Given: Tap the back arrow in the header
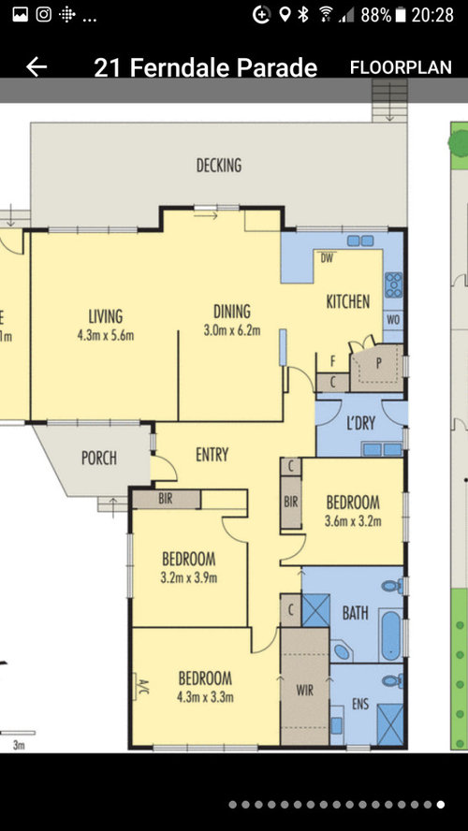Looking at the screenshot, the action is [x=37, y=67].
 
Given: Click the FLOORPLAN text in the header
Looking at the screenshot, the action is [x=401, y=67].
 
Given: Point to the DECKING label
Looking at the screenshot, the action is [x=219, y=166].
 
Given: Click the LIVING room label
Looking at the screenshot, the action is [x=106, y=316].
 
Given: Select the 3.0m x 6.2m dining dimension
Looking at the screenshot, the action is [x=232, y=330].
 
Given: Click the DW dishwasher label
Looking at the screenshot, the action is [x=327, y=258].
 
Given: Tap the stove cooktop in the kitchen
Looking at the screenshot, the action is [x=393, y=284].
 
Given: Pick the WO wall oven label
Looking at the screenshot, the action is [x=393, y=320].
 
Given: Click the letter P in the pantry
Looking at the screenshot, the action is [x=379, y=363].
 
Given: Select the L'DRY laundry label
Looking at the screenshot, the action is [x=361, y=423].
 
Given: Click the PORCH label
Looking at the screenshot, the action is [x=99, y=458].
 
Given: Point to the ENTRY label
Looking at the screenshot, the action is [x=212, y=455].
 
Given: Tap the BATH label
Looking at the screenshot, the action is [x=355, y=613].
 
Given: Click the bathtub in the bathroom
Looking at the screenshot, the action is [x=391, y=635].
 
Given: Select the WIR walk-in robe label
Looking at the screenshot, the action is [x=305, y=691].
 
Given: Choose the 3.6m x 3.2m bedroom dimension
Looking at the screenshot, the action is [x=353, y=521].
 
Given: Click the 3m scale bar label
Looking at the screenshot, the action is [x=19, y=745].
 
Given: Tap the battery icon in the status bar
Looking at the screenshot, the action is [x=401, y=15].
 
